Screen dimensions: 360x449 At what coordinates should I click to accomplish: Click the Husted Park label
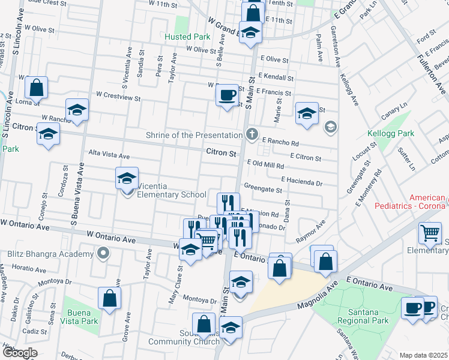coord(187,37)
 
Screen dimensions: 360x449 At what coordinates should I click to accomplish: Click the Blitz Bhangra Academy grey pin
coord(103,253)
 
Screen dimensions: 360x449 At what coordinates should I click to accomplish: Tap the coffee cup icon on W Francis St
coord(227,95)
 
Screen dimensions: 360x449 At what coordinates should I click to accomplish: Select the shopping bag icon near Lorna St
coord(37,88)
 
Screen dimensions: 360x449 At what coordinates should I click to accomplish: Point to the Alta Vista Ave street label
coord(109,155)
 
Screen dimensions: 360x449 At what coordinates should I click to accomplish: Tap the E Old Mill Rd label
coord(265,163)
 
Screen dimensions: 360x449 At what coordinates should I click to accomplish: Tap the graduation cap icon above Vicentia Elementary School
coord(127,178)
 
